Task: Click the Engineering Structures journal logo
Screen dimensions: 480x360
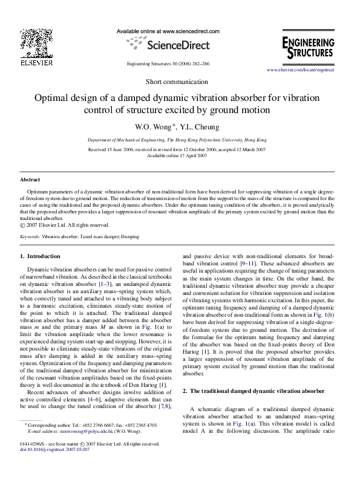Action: [308, 48]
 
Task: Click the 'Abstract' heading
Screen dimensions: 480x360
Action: [30, 180]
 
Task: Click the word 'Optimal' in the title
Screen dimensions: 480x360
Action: [53, 98]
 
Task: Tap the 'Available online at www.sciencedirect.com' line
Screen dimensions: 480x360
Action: [167, 30]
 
